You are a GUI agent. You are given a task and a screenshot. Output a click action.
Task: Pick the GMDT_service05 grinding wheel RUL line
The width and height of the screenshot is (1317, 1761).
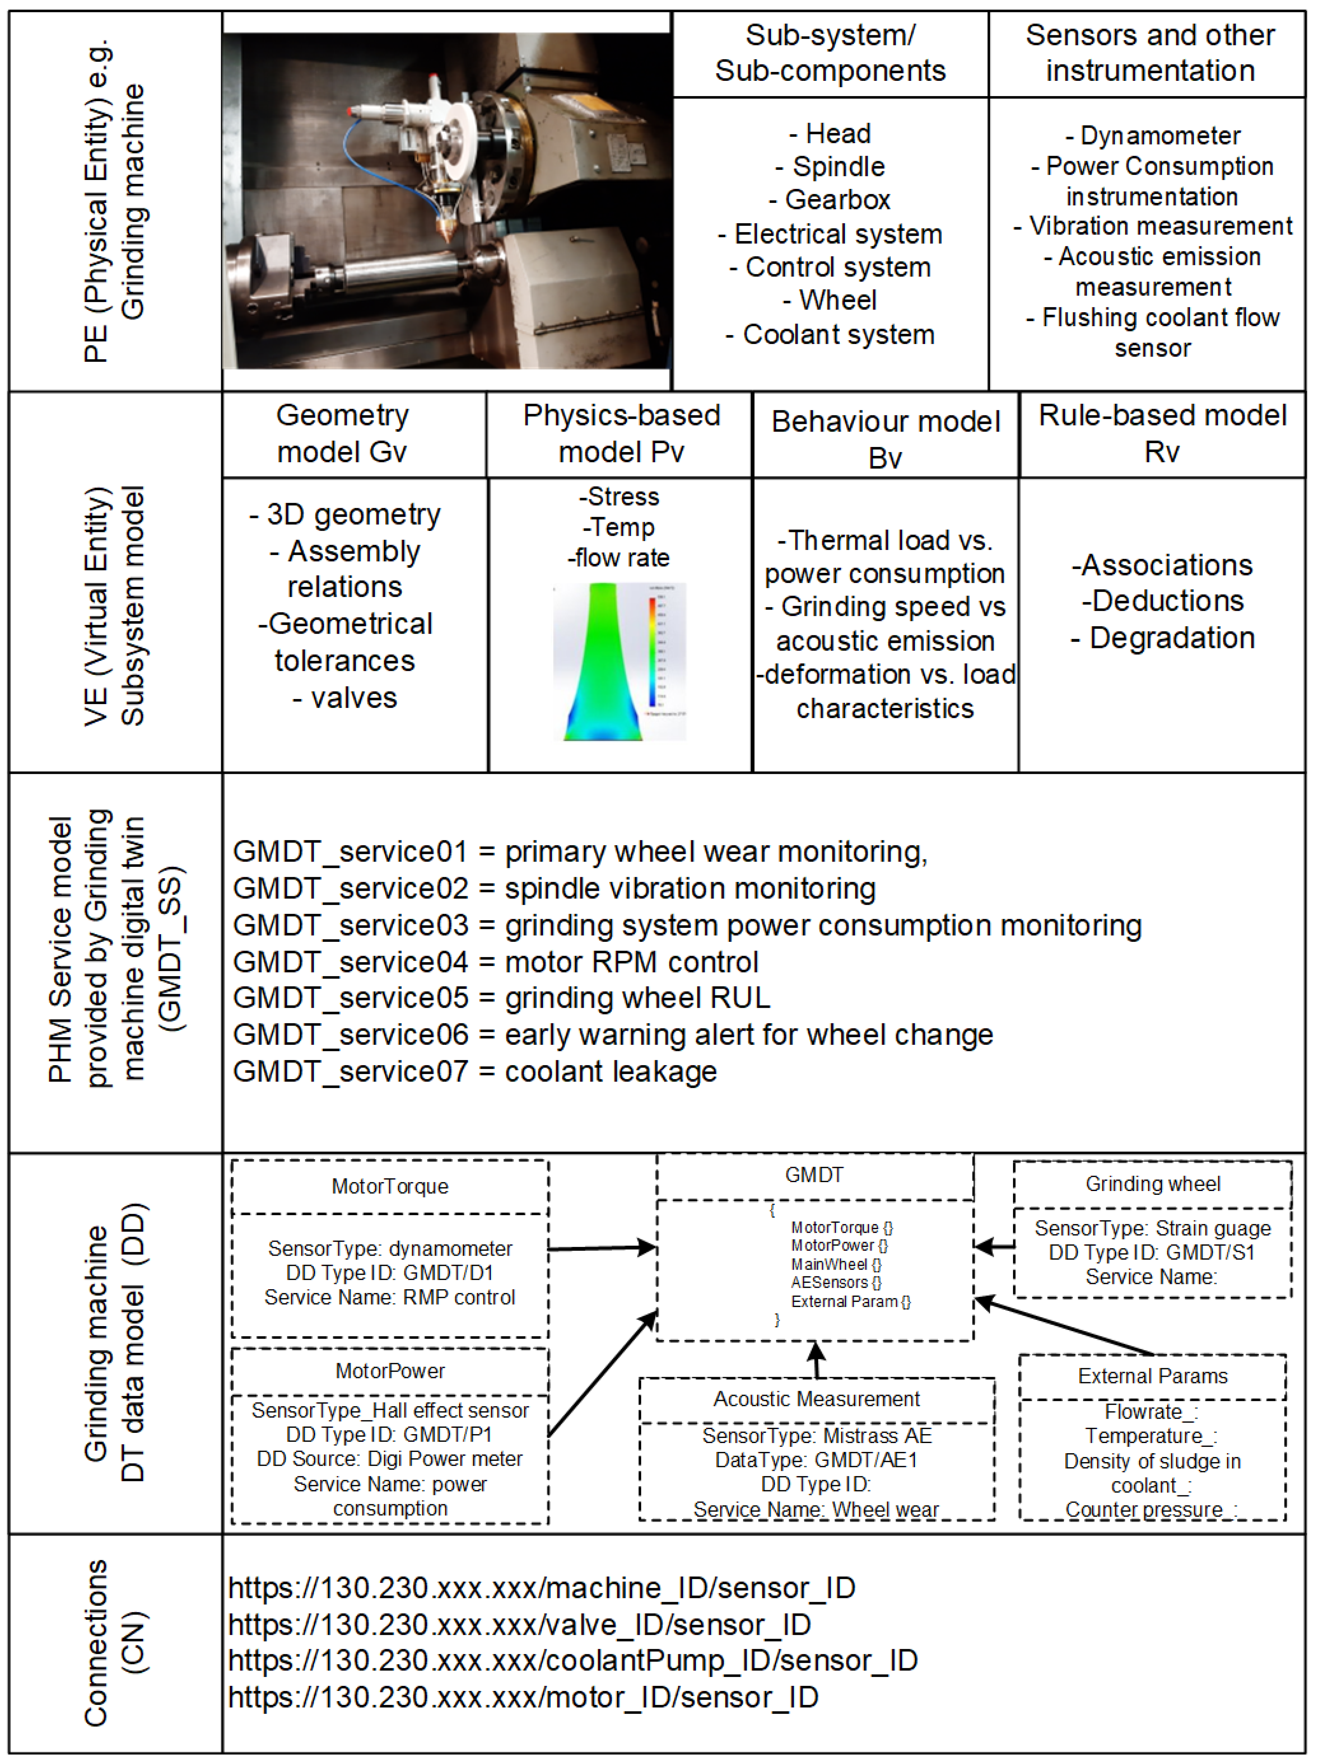click(502, 998)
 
